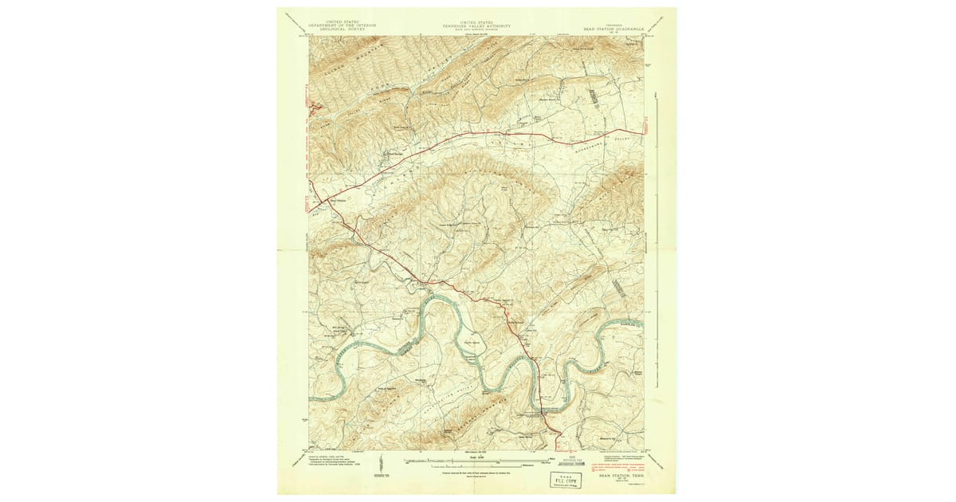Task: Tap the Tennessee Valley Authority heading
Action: (x=477, y=25)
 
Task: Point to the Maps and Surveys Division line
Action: (x=477, y=29)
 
